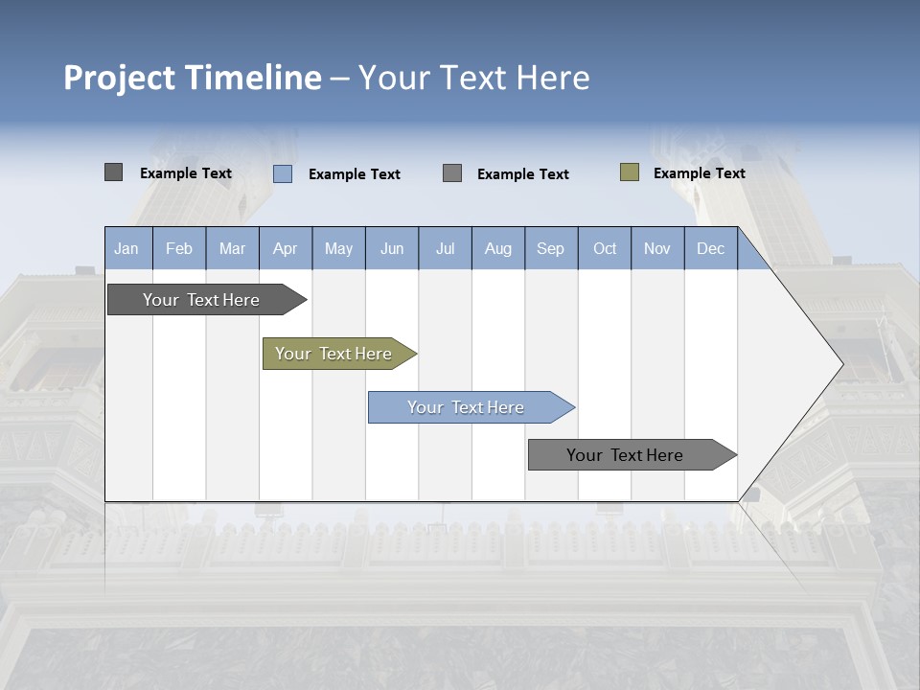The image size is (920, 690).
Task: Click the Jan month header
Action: [x=126, y=248]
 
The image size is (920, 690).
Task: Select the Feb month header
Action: [x=179, y=248]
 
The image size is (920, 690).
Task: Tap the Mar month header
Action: [x=232, y=248]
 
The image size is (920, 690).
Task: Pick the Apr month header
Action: [x=286, y=248]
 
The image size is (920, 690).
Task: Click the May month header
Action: [x=338, y=248]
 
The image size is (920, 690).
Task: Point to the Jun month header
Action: [x=392, y=248]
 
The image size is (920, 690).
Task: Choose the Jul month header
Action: [x=445, y=248]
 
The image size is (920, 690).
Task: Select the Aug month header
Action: [x=498, y=248]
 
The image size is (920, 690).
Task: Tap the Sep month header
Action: [x=551, y=248]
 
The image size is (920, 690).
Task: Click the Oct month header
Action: [x=605, y=248]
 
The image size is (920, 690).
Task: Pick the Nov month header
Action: [x=657, y=248]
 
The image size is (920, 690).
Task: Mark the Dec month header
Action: [x=711, y=248]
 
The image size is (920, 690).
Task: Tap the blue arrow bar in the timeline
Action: [x=467, y=407]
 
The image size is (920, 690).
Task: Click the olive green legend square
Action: [x=630, y=172]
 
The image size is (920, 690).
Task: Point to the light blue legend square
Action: [x=283, y=173]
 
